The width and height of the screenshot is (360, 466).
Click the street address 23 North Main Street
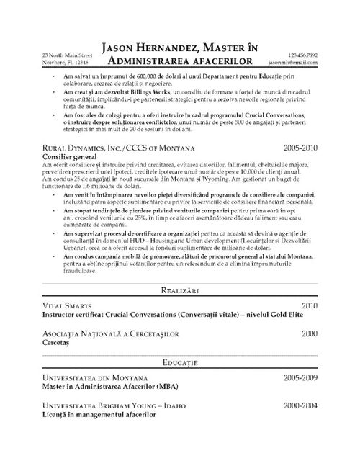point(67,55)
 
